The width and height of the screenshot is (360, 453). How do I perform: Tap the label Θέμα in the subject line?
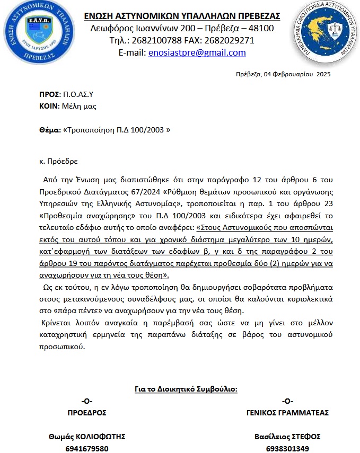click(x=50, y=130)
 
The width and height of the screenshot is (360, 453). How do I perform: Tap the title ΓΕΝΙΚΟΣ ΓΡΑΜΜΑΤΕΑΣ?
click(x=288, y=413)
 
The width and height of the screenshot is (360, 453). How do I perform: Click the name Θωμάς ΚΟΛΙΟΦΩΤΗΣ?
click(x=87, y=437)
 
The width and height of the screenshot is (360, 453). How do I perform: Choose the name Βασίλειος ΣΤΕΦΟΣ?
click(x=288, y=437)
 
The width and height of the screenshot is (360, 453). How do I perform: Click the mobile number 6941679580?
click(x=86, y=448)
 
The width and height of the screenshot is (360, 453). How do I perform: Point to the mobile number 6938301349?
click(x=288, y=448)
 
